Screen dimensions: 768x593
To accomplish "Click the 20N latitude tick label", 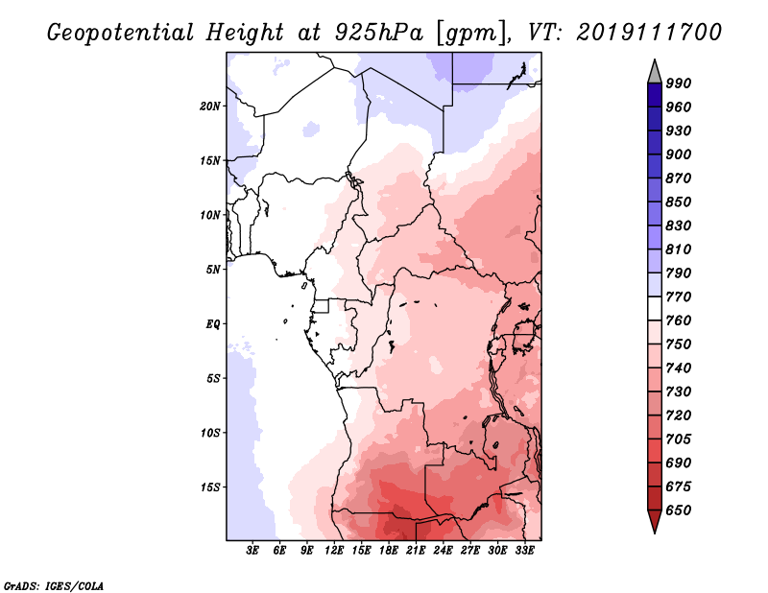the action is click(210, 107).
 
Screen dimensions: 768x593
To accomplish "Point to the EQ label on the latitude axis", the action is click(213, 324).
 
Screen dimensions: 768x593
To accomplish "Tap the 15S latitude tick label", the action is click(210, 487).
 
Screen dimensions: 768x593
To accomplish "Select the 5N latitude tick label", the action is click(213, 270).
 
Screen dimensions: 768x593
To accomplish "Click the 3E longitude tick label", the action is click(252, 551).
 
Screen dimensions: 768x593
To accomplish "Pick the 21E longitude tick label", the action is click(416, 551).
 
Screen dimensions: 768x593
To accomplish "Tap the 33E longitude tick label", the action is click(524, 551).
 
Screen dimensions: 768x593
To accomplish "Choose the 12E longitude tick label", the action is click(334, 551).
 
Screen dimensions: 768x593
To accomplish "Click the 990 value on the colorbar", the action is click(679, 83).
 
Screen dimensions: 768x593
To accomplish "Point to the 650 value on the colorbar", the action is click(679, 510).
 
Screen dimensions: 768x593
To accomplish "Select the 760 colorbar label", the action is click(679, 320).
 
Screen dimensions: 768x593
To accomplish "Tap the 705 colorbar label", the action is click(679, 439).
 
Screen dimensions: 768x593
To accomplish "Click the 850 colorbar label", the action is click(679, 202).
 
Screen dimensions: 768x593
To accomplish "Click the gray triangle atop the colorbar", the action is click(655, 72).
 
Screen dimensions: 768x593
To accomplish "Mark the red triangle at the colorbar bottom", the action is click(655, 521).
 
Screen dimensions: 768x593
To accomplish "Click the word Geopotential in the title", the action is click(121, 33).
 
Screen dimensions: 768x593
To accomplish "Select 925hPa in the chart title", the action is click(379, 33).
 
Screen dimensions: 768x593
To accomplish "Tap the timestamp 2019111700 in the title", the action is click(649, 32).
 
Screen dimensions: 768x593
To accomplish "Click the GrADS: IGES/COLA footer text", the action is click(54, 585).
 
